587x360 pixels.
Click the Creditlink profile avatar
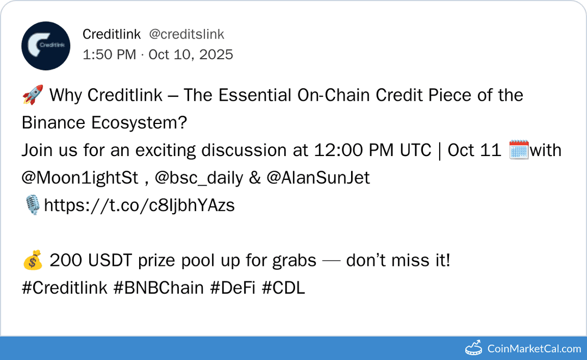click(x=46, y=46)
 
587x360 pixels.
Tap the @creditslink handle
click(x=186, y=34)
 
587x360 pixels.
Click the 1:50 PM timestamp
click(x=109, y=54)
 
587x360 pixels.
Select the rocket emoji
click(x=32, y=96)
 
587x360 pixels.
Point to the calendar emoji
click(x=518, y=151)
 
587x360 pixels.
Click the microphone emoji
click(x=32, y=206)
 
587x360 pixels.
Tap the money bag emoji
click(x=32, y=261)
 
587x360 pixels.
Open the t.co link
click(x=139, y=206)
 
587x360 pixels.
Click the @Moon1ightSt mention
click(x=80, y=178)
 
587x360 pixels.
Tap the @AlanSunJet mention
click(x=318, y=178)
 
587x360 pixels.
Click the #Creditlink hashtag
click(x=65, y=288)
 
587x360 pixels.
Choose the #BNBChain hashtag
click(x=159, y=288)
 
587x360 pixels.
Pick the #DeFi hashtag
click(x=233, y=288)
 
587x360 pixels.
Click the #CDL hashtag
click(x=283, y=288)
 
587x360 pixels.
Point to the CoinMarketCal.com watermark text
click(x=534, y=349)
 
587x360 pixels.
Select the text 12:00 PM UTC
click(x=374, y=151)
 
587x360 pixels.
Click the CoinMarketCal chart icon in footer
click(x=473, y=348)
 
